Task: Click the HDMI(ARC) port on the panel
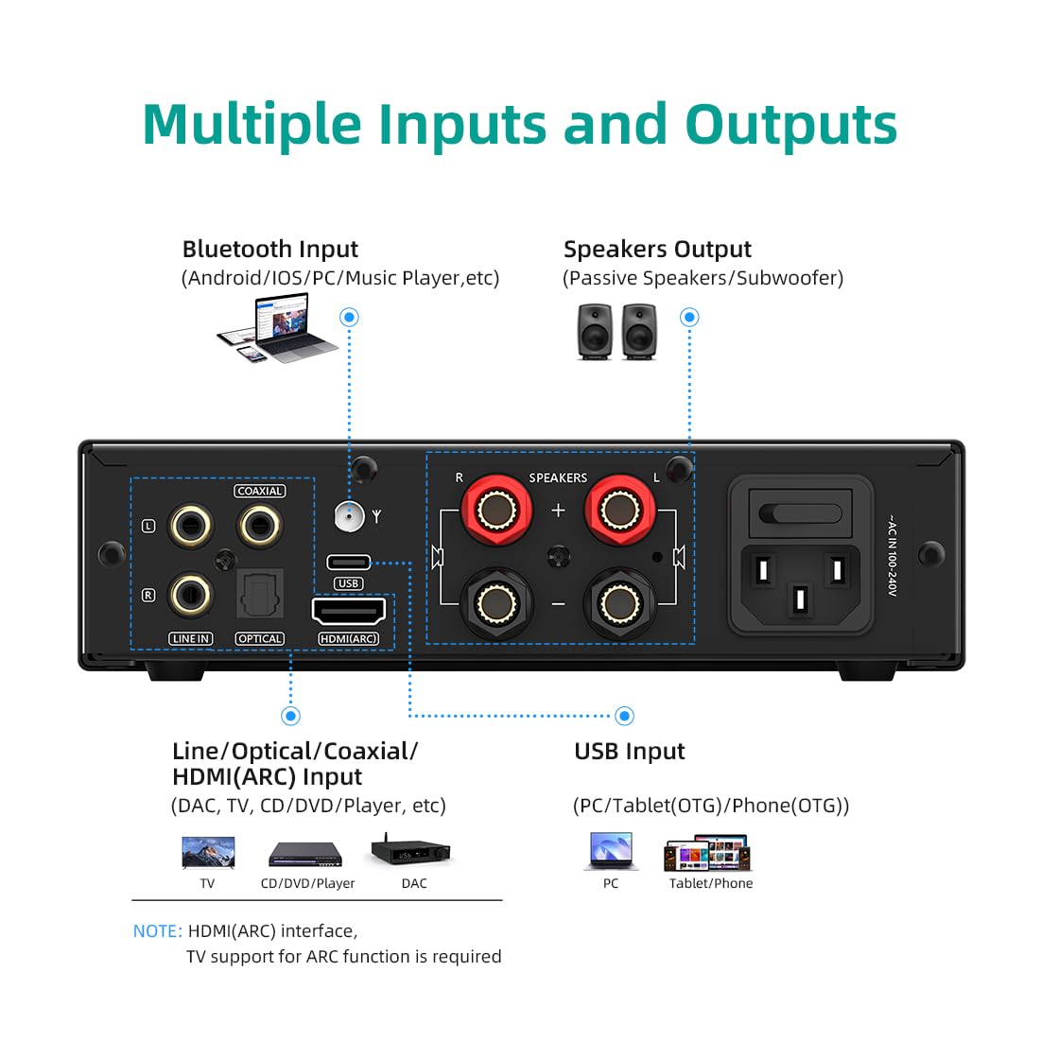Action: [x=348, y=611]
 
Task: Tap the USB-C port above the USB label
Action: [x=348, y=562]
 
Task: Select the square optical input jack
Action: [x=259, y=597]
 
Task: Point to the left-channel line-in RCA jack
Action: [x=190, y=525]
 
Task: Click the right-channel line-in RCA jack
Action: [x=190, y=595]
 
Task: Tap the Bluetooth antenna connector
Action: [x=349, y=516]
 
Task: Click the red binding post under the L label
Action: [x=618, y=512]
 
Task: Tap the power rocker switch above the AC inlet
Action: [x=799, y=513]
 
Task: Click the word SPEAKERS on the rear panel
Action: [x=558, y=478]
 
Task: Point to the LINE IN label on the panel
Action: [x=191, y=639]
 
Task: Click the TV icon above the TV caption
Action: [x=208, y=852]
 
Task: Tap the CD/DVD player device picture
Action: [x=304, y=853]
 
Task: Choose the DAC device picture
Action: [x=412, y=851]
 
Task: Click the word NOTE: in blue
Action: [x=157, y=931]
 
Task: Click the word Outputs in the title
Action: [x=790, y=125]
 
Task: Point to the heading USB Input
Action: [x=630, y=752]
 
